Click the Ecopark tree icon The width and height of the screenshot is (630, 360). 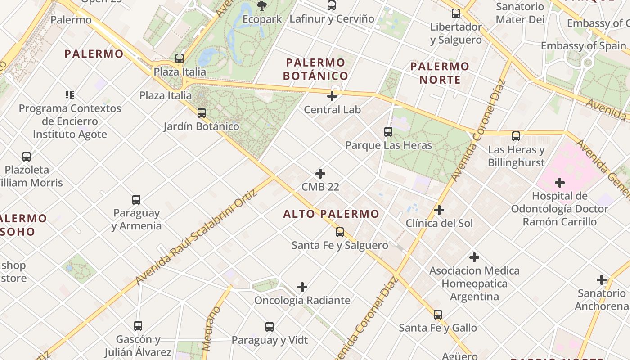coord(261,6)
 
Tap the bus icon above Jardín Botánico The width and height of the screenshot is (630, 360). coord(202,112)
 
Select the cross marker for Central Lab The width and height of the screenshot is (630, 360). coord(332,96)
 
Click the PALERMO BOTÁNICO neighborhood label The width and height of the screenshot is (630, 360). coord(315,69)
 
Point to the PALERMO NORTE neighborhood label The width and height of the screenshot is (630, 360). coord(440,73)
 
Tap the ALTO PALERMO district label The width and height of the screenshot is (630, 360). coord(331,214)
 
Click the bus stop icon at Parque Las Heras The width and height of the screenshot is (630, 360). coord(388,132)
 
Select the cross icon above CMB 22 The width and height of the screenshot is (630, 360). coord(320,174)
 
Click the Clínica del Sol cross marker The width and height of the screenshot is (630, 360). coord(439,210)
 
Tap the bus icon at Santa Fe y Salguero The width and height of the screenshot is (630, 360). coord(340,232)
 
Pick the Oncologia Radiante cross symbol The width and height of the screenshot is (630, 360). coord(302,287)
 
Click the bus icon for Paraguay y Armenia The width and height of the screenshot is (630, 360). coord(136,199)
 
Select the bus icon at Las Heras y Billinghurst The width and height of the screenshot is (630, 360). coord(516,136)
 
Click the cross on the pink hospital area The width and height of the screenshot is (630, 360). coord(560,183)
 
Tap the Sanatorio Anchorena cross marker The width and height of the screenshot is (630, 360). coord(602,280)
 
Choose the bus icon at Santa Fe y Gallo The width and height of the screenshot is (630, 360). coord(438,315)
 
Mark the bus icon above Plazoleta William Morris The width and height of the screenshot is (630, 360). coord(27,157)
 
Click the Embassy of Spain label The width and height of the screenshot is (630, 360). coord(583,46)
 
